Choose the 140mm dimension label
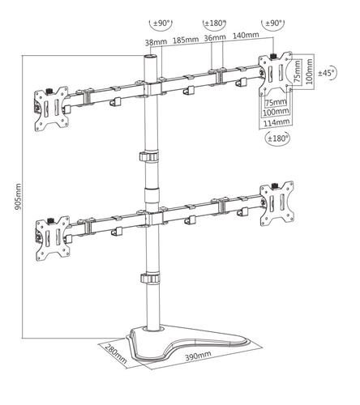point(246,36)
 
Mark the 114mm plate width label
point(276,122)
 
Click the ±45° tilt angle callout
point(327,73)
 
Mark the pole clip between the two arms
point(149,156)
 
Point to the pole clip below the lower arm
point(149,279)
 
